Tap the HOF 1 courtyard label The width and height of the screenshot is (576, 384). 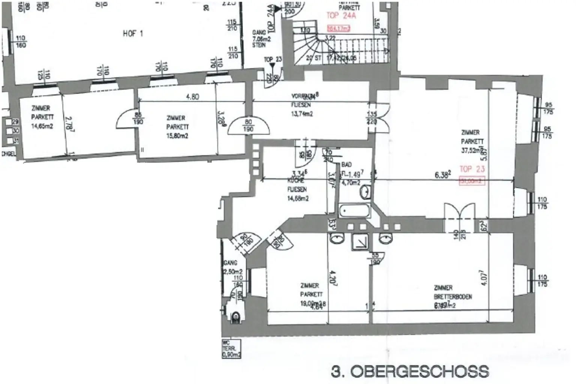click(x=133, y=34)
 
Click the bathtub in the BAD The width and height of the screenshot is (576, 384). click(x=354, y=211)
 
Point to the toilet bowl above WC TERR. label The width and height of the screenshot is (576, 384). click(x=236, y=317)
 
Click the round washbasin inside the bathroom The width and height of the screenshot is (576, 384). click(x=365, y=192)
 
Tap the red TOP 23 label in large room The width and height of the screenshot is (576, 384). click(x=472, y=169)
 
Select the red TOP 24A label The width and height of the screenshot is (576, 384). click(x=341, y=16)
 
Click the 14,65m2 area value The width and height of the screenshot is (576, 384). click(x=42, y=126)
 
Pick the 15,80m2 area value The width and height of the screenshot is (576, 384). click(x=177, y=136)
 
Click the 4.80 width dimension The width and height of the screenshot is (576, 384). click(x=192, y=96)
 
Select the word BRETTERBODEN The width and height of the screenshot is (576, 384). click(x=453, y=297)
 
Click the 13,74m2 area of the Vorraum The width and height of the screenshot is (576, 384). click(x=302, y=114)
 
